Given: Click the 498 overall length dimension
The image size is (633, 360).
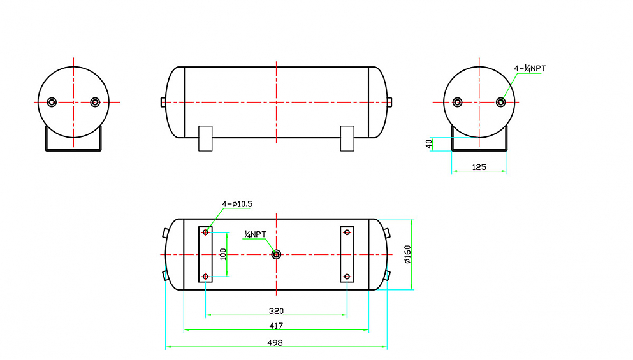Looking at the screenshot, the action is tap(275, 343).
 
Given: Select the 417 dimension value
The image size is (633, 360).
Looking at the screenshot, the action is tap(276, 326).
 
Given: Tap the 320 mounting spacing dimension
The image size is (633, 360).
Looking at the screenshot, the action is tap(276, 311).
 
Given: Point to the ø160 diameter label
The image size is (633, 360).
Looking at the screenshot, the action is tap(407, 254).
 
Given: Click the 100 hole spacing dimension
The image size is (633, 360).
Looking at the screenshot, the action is tap(223, 254).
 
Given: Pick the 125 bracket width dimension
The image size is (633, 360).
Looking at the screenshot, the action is tap(479, 167).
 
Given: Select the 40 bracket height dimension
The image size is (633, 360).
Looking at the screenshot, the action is tap(429, 143).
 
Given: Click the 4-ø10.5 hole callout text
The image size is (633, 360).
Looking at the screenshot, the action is tap(237, 205).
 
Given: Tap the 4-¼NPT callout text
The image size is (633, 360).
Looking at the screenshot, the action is tap(530, 69).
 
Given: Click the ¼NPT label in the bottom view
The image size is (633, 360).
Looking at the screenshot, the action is tap(255, 234).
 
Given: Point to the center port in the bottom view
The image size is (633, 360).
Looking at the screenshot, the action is tap(276, 254).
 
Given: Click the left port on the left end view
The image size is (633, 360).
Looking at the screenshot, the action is tap(52, 102).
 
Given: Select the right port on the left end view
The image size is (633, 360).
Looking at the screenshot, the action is tap(95, 102).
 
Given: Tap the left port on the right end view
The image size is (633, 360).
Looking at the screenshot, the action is tap(458, 102).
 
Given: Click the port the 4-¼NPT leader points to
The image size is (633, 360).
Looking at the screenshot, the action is tap(500, 102).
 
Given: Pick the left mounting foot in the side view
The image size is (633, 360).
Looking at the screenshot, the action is tap(205, 138).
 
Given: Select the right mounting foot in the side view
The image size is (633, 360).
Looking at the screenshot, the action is tap(347, 138).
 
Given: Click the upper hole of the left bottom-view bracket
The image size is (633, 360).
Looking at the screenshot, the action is tap(205, 233).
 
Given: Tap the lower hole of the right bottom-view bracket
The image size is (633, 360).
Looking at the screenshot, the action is tap(347, 277).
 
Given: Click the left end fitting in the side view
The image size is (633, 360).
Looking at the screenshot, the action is tap(163, 102).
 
